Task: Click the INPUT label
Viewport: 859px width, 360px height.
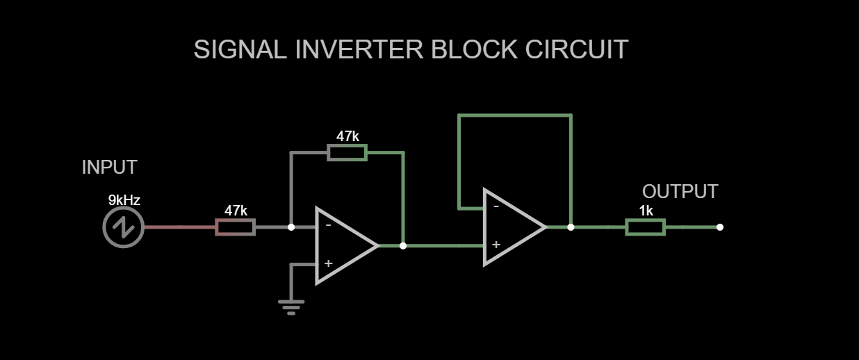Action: (109, 167)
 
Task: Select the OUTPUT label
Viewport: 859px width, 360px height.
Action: (680, 192)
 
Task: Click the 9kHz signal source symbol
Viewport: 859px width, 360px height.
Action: (123, 227)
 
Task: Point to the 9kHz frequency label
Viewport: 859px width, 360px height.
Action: (124, 201)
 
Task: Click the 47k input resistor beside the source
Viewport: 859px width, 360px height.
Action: (235, 227)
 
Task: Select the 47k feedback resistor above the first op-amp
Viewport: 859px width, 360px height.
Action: (347, 152)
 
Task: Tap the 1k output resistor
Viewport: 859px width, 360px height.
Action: (645, 227)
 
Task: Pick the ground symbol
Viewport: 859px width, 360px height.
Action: (291, 306)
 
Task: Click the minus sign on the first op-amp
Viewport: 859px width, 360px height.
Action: (328, 225)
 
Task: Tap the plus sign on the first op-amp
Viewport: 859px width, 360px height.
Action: (328, 263)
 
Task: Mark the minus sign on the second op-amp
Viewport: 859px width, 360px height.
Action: (496, 206)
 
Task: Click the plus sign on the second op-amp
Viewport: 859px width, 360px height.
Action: (496, 245)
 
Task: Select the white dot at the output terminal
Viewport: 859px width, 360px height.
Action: (719, 227)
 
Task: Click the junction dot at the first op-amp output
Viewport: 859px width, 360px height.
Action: (403, 245)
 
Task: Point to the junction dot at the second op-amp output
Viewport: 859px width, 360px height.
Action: (571, 227)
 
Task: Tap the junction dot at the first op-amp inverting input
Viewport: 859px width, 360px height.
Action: (291, 227)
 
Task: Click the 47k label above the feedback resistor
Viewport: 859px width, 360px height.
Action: (347, 137)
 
